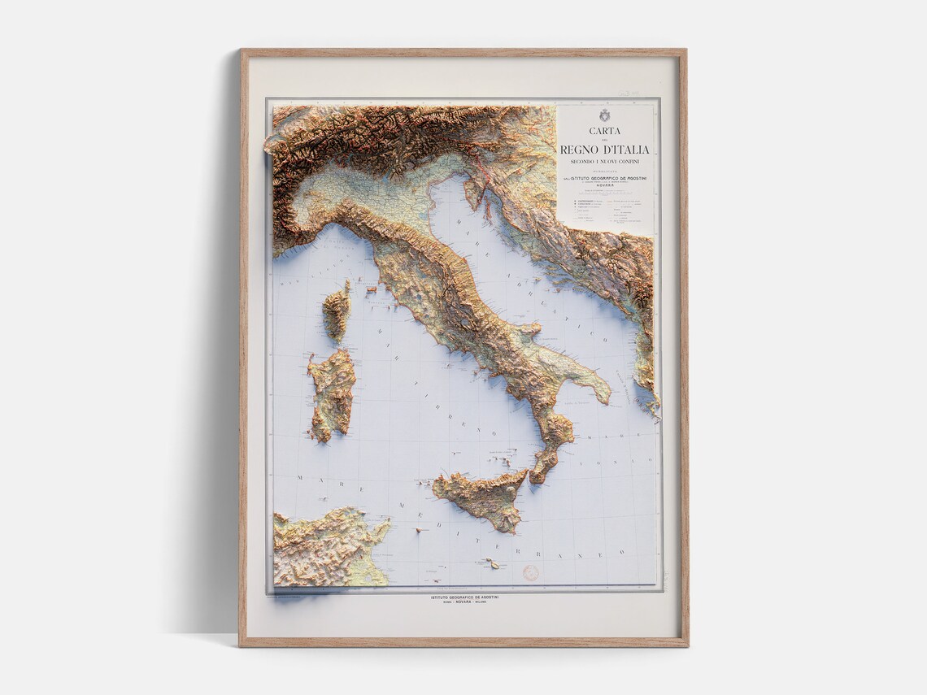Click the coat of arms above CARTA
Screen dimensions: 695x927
click(605, 115)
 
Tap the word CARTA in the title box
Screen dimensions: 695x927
click(605, 131)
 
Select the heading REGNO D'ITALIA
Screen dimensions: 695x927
click(605, 150)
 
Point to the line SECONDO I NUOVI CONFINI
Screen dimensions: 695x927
click(605, 162)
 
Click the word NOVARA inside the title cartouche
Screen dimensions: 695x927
click(605, 185)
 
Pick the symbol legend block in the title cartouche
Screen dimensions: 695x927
click(605, 207)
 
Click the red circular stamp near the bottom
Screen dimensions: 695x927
click(530, 572)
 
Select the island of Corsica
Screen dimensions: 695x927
click(337, 312)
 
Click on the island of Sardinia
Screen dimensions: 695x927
click(332, 394)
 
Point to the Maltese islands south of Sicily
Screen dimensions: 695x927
click(491, 563)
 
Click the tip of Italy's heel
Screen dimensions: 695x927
click(607, 398)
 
